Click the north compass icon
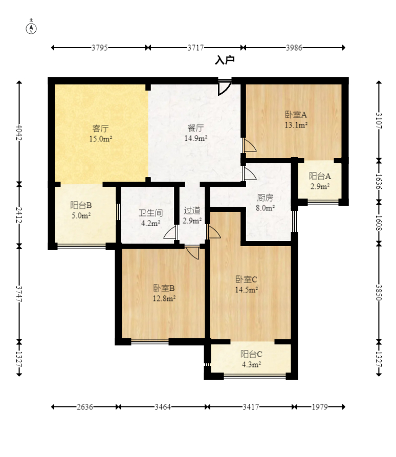[x=31, y=28]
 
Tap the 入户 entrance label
[x=225, y=60]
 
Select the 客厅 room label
[x=100, y=128]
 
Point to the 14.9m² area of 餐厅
[x=196, y=138]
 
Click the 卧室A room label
[x=296, y=115]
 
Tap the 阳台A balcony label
[x=320, y=176]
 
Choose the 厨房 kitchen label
[x=265, y=198]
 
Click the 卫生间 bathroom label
[x=150, y=213]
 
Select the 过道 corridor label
[x=192, y=210]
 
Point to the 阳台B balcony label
[x=81, y=205]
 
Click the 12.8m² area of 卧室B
[x=164, y=298]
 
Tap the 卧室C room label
[x=246, y=279]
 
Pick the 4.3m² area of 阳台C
[x=251, y=364]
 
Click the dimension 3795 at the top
[x=100, y=48]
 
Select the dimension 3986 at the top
[x=294, y=48]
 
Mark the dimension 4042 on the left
[x=19, y=133]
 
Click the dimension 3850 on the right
[x=379, y=292]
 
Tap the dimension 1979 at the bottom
[x=320, y=406]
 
